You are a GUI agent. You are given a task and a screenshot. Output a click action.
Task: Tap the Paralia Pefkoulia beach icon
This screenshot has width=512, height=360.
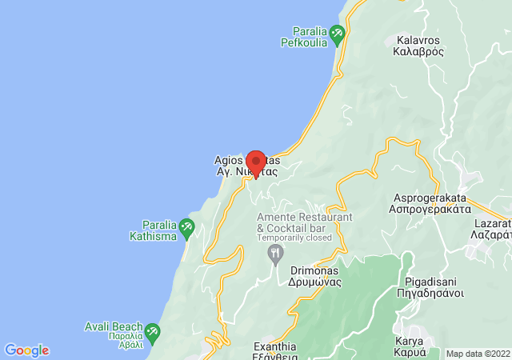pos(337,34)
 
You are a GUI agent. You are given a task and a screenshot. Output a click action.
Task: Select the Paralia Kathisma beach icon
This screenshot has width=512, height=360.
pos(186,228)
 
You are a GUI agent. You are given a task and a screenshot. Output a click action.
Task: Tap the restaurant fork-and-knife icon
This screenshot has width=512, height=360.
pos(276,254)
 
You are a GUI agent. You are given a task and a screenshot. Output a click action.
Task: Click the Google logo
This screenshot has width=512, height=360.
pos(27,350)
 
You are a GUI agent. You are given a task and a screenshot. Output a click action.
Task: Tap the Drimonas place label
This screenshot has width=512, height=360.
pos(315,276)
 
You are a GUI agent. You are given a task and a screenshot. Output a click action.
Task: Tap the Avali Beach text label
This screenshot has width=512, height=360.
pos(114,331)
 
